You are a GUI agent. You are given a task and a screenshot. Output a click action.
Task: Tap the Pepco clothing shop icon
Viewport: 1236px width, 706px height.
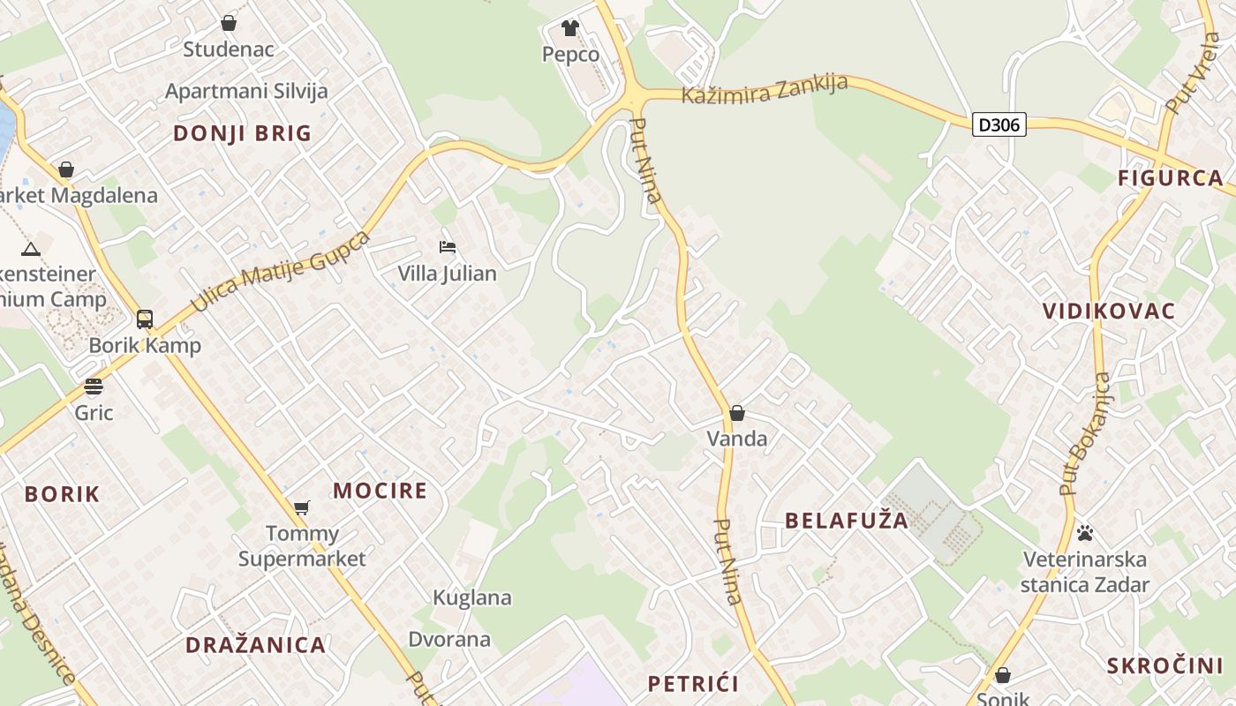pos(569,28)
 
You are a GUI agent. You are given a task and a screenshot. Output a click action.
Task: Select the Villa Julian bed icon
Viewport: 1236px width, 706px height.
pos(448,247)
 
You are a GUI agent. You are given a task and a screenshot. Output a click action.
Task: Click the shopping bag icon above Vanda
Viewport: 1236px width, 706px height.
pos(736,413)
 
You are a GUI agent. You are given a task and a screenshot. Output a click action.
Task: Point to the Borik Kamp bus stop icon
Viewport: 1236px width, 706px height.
pos(145,319)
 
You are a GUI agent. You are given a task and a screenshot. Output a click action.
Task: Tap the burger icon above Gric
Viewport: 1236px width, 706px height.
pos(93,387)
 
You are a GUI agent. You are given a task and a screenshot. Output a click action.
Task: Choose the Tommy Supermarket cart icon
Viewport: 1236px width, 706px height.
pos(302,507)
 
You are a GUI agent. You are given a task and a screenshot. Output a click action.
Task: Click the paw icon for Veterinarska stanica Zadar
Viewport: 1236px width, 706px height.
pos(1085,533)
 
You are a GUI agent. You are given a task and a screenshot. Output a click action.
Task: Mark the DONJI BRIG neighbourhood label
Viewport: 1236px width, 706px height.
pos(242,133)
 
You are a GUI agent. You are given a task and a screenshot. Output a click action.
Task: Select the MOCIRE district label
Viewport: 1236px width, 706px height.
pos(380,491)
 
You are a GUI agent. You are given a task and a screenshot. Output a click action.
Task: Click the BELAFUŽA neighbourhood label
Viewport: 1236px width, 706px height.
pos(847,521)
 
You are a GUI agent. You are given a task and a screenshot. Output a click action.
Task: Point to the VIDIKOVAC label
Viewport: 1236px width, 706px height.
pos(1109,311)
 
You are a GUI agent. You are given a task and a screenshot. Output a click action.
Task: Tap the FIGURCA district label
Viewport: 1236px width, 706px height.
pos(1170,178)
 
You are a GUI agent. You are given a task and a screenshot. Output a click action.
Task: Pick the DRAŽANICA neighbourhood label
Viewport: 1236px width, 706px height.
pos(255,645)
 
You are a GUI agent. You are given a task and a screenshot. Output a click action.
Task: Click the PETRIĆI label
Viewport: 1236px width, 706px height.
pos(693,683)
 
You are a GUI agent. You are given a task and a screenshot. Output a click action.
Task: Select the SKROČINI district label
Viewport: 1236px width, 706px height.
pos(1164,666)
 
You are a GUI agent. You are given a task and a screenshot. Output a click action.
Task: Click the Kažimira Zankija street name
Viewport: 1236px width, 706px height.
pos(765,89)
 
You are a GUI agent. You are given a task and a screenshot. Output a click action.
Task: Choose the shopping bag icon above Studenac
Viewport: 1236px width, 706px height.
pos(229,23)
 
